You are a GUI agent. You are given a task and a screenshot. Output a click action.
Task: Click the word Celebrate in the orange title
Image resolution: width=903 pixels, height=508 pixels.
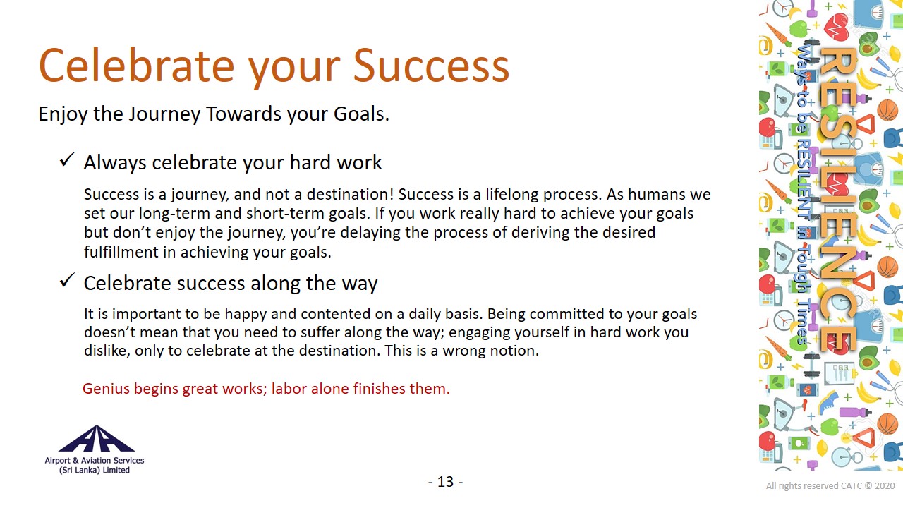[x=137, y=66]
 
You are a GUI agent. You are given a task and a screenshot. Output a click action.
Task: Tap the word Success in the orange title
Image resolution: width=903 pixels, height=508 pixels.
[x=431, y=66]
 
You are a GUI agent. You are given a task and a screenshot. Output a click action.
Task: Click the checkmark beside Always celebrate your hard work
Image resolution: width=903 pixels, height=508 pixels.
[x=67, y=159]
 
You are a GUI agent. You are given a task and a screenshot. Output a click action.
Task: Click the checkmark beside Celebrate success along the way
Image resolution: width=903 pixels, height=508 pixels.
[x=67, y=280]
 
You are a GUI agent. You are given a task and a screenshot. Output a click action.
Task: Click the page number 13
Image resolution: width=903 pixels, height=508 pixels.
[x=445, y=482]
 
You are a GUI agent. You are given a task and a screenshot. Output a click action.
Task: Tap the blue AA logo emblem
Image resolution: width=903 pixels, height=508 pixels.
[x=97, y=439]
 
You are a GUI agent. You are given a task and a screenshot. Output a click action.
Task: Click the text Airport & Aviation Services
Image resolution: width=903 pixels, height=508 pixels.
[x=95, y=461]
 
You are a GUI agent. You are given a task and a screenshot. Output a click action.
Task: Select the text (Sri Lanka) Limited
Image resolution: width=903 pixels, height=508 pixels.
[x=95, y=470]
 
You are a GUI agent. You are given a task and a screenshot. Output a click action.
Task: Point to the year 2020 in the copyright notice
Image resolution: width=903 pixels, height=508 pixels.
[x=885, y=486]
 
